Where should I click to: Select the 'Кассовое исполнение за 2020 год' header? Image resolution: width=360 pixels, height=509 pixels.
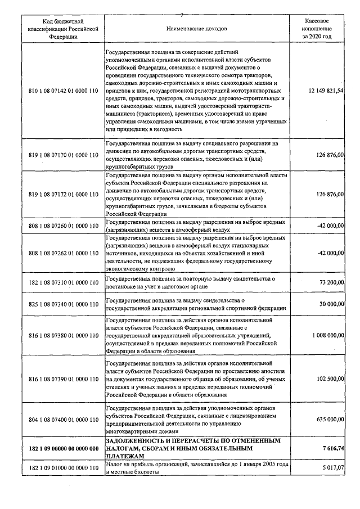317,28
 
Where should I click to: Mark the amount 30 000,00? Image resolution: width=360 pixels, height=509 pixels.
330,304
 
